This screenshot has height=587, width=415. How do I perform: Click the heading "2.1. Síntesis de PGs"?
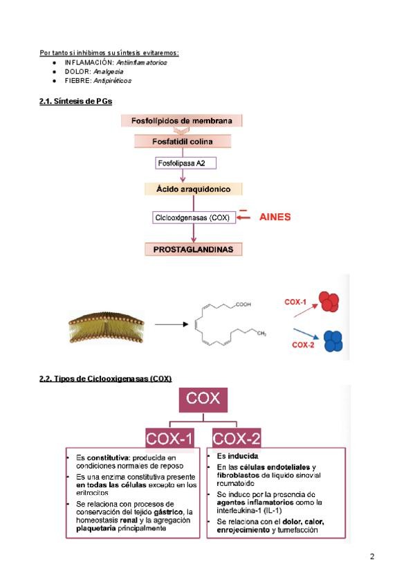[76, 102]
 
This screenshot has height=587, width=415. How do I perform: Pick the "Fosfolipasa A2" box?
[182, 163]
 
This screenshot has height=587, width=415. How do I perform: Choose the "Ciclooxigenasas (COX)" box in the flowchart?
[194, 217]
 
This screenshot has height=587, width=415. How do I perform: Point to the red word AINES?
[275, 217]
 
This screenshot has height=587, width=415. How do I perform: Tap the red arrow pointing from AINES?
[244, 217]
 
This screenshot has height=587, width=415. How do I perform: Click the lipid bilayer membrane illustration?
[106, 324]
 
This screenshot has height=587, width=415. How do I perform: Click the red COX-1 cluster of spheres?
[328, 301]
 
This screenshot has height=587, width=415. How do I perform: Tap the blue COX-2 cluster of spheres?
[334, 340]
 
